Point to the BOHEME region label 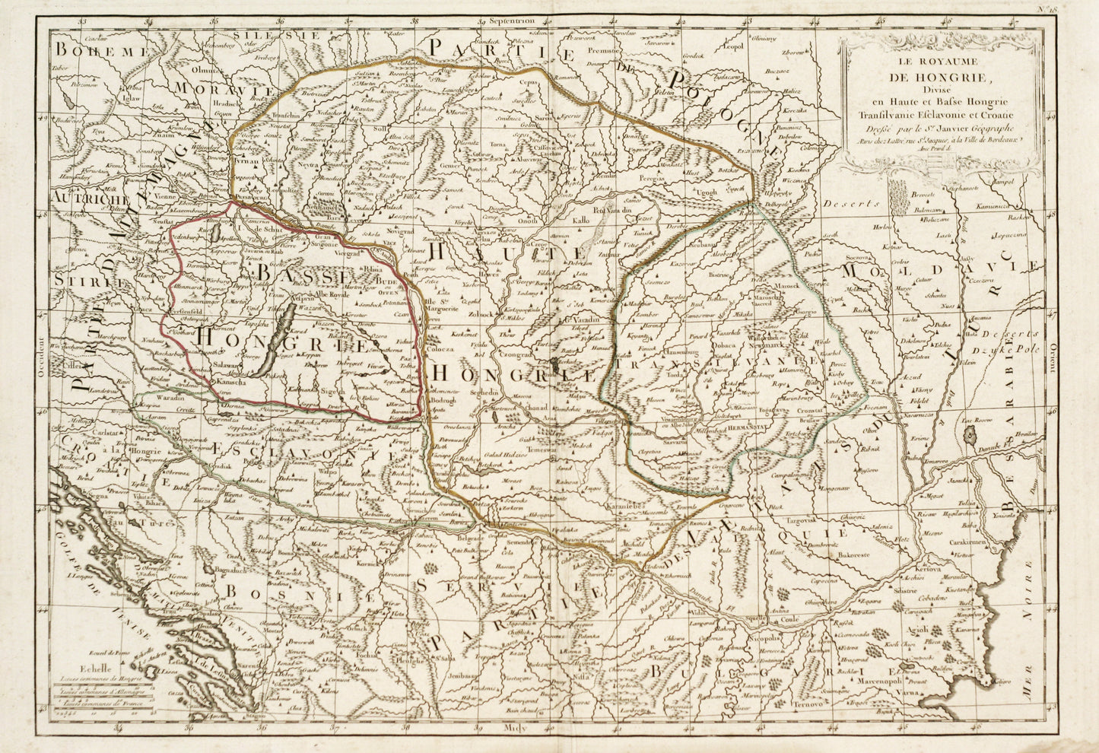point(100,51)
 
